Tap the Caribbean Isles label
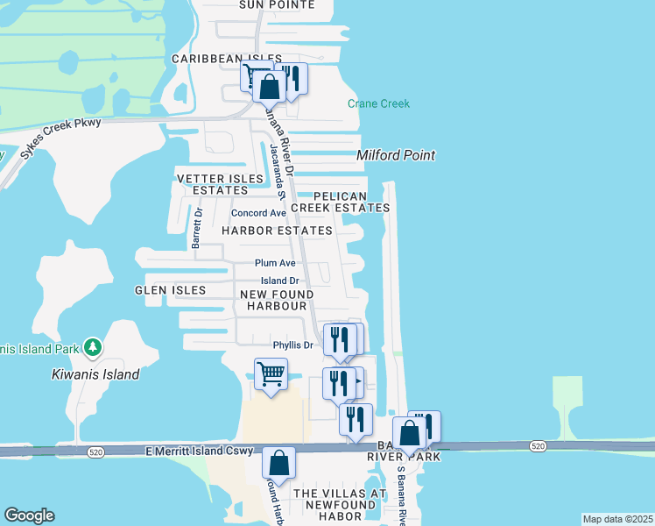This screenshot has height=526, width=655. (x=214, y=59)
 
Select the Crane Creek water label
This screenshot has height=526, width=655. (x=378, y=103)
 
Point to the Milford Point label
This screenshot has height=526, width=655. (x=396, y=155)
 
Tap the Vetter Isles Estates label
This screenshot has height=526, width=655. (x=220, y=184)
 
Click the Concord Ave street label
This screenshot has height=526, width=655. (x=258, y=213)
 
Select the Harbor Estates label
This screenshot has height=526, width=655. (x=277, y=231)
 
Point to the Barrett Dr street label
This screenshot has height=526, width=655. (x=197, y=229)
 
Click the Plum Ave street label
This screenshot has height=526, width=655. (x=275, y=263)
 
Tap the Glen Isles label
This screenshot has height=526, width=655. (x=171, y=290)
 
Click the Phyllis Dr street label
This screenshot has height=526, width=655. (x=292, y=345)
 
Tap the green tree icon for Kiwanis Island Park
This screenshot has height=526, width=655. (x=93, y=348)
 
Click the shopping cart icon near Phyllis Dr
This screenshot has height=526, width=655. (x=271, y=374)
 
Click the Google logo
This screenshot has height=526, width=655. (x=29, y=515)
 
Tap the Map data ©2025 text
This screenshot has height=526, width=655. (x=616, y=519)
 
